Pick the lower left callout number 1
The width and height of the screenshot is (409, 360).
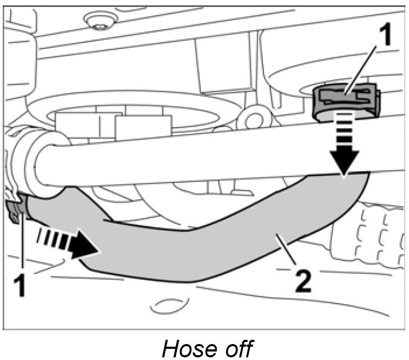[20, 285]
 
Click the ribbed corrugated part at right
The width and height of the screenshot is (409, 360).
[372, 234]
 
